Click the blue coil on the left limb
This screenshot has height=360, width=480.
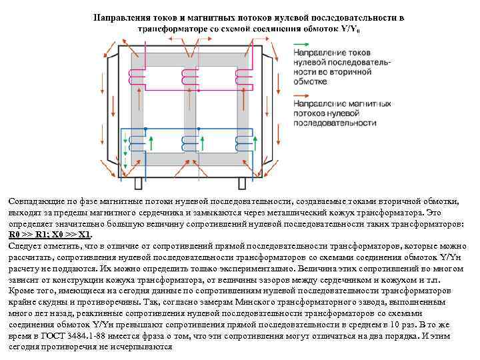point(138,141)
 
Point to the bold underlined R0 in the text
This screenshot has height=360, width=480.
point(14,235)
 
